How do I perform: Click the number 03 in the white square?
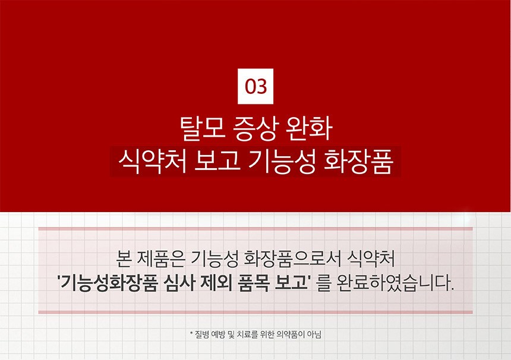pos(256,87)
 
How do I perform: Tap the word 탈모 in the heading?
pos(203,128)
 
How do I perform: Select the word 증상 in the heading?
pos(256,128)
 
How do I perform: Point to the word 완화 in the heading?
pos(309,128)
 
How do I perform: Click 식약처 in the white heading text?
pos(152,161)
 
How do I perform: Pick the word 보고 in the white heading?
pos(217,161)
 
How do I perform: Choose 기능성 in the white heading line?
pos(282,161)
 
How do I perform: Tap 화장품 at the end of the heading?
pos(358,161)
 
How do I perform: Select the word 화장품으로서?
pos(292,259)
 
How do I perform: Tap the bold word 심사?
pos(180,283)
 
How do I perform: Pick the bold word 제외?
pos(217,283)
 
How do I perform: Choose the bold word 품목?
pos(254,283)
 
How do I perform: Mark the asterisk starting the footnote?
pos(191,333)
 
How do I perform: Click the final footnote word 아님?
pos(314,334)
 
